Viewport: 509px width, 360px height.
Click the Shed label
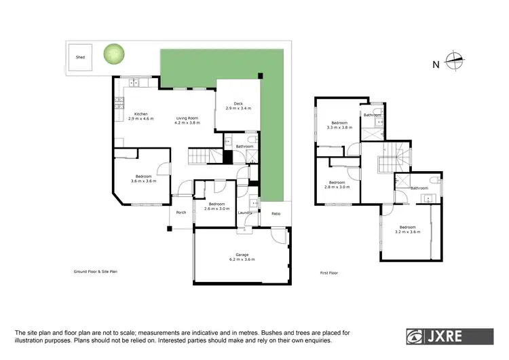[79, 58]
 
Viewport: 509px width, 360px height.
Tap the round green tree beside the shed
[114, 54]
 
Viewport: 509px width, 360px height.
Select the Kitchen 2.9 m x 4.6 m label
[140, 116]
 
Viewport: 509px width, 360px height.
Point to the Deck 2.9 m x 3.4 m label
[238, 106]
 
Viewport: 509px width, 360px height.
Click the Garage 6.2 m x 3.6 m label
[242, 257]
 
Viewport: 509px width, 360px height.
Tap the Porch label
[181, 213]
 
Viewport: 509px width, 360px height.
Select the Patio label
[276, 214]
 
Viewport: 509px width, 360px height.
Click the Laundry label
[245, 213]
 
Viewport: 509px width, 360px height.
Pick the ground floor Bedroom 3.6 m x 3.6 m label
[143, 179]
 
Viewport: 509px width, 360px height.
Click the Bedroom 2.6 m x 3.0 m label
[216, 206]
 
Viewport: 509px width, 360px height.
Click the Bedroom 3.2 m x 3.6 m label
[408, 230]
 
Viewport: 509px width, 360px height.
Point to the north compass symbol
[454, 60]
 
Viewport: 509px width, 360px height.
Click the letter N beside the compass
[434, 65]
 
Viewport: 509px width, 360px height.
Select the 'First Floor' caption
[328, 272]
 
